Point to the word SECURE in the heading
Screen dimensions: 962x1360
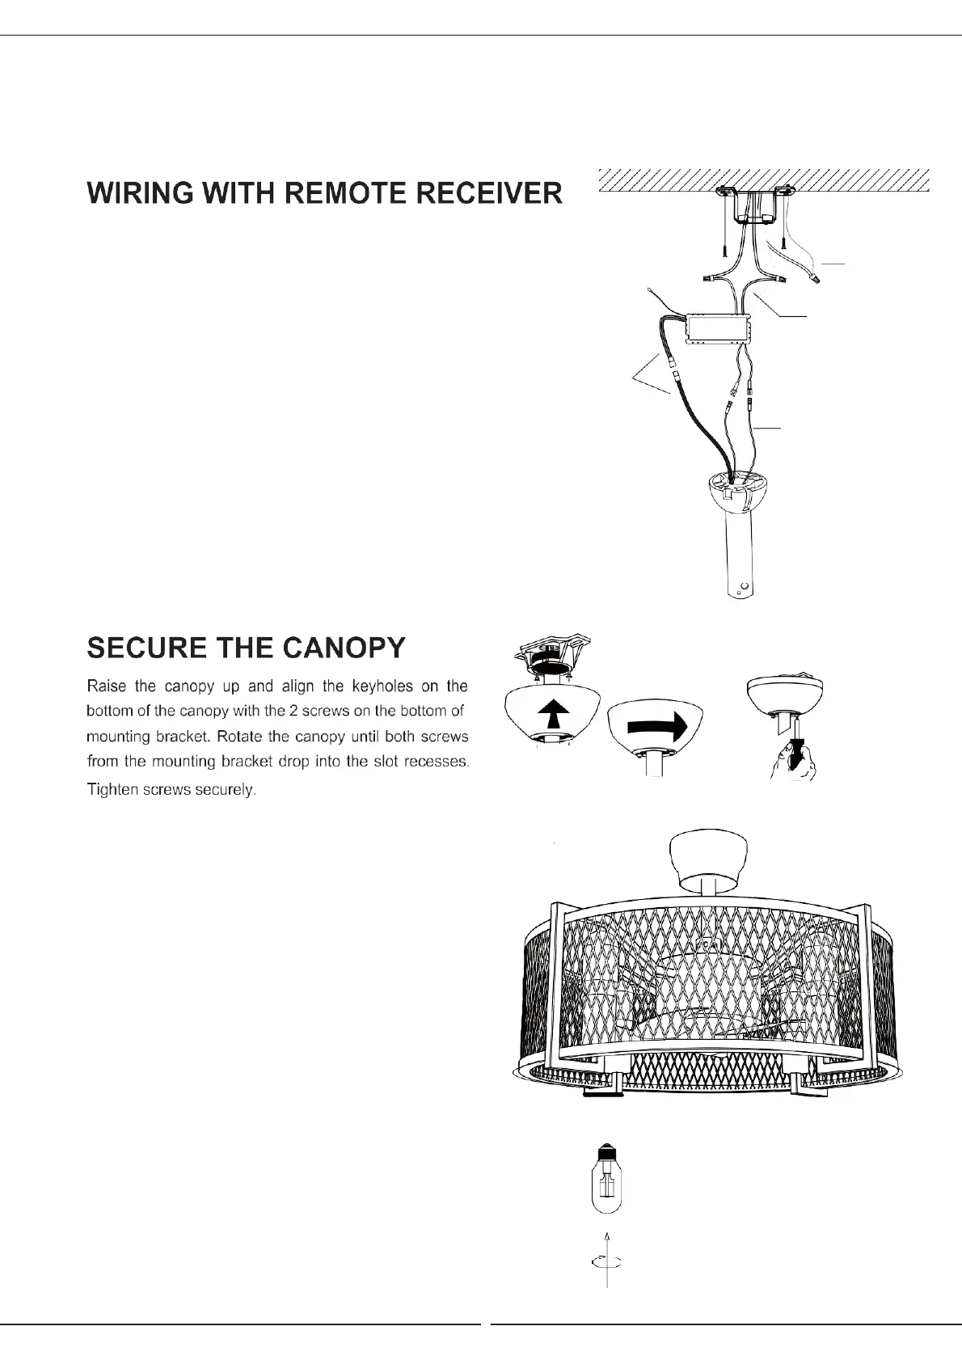pos(141,648)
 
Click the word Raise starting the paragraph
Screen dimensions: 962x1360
pos(106,686)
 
